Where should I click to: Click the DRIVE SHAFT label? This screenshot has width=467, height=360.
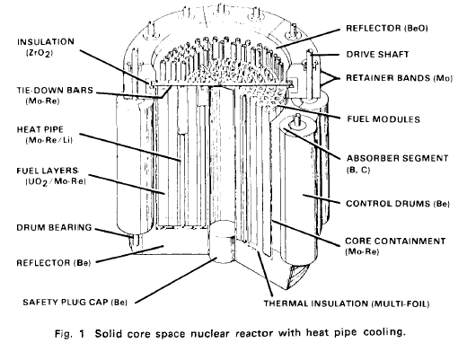click(377, 54)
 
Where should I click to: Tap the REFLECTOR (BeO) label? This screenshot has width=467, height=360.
click(387, 28)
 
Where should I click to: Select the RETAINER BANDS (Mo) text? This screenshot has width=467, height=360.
click(399, 78)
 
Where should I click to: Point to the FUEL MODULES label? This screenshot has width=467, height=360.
click(383, 119)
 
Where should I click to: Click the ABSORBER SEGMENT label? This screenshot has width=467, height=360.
click(397, 158)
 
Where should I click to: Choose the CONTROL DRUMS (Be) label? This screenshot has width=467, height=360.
click(398, 204)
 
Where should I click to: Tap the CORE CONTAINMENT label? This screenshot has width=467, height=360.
click(395, 241)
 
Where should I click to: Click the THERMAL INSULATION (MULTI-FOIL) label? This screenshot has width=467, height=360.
click(347, 303)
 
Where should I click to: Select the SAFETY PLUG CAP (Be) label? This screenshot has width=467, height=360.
click(75, 302)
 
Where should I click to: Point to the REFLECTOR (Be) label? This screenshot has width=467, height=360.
click(53, 263)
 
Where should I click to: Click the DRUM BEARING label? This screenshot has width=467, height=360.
click(54, 227)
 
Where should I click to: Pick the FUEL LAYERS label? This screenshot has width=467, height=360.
click(48, 171)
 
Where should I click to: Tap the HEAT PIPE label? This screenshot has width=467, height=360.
click(40, 129)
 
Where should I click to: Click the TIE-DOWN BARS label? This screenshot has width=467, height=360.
click(55, 90)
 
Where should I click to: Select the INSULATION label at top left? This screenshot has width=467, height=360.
click(46, 41)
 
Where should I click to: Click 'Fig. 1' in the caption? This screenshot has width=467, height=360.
click(70, 334)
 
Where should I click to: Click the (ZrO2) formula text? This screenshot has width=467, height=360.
click(40, 53)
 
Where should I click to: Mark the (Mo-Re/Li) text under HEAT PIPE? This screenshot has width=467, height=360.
click(49, 140)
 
